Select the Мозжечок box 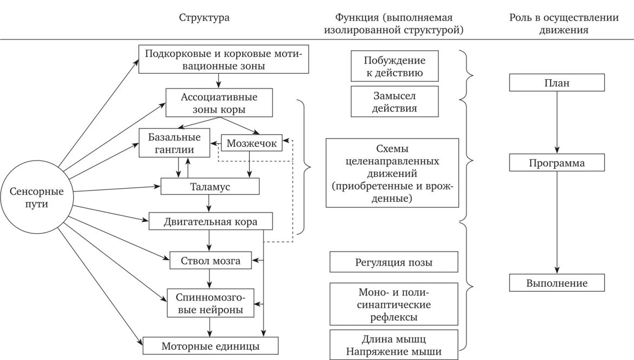click(252, 144)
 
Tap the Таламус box click(210, 186)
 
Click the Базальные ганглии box click(174, 143)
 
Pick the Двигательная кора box click(210, 222)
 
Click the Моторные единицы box click(210, 346)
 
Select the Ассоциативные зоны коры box click(219, 103)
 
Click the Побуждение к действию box click(394, 66)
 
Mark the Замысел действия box click(394, 101)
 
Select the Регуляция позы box click(394, 262)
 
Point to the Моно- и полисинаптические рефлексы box click(394, 304)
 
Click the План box click(557, 83)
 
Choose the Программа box click(557, 163)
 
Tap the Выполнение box click(557, 283)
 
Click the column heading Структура click(204, 17)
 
